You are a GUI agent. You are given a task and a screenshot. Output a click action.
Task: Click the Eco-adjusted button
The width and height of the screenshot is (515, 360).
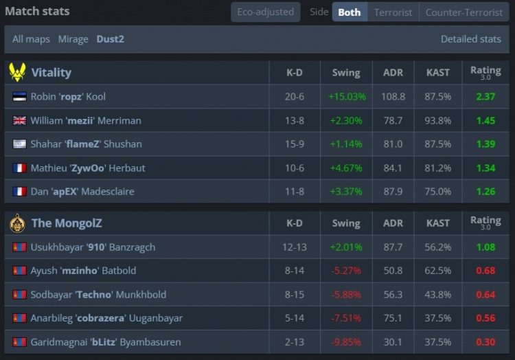coord(266,12)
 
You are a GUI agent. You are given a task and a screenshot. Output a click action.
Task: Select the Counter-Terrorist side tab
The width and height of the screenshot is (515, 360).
coord(464,12)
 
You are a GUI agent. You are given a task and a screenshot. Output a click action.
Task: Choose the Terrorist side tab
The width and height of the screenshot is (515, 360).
coord(393,12)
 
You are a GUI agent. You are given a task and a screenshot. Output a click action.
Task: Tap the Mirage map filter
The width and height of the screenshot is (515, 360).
coord(73,39)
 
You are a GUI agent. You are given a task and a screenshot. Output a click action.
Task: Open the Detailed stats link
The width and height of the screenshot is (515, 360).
coord(470,39)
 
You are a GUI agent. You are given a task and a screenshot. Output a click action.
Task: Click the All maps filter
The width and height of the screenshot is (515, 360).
coord(31,39)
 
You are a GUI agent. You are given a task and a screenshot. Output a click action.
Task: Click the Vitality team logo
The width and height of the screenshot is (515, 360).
coord(17,72)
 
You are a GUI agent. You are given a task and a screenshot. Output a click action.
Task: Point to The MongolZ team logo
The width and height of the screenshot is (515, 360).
coord(17,223)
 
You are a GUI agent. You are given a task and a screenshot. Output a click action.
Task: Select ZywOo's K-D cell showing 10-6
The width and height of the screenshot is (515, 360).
coord(294,168)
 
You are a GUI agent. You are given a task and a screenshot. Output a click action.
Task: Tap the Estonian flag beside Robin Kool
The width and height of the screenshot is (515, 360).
coord(19,97)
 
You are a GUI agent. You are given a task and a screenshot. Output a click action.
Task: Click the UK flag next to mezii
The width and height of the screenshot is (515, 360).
coord(19,121)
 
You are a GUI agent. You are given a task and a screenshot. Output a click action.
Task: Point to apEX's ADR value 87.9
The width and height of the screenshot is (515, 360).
coord(393,192)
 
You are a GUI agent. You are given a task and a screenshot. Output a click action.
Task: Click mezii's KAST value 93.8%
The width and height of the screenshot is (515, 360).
coord(437,121)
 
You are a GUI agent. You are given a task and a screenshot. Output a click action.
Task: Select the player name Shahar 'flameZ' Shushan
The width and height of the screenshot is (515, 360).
coord(87,144)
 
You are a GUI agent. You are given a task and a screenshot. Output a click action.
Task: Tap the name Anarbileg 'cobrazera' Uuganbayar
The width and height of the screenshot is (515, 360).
coord(106,319)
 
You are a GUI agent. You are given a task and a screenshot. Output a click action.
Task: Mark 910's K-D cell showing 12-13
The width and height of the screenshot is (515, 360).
coord(294,247)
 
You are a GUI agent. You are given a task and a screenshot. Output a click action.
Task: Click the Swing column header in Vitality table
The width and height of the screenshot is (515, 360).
coord(346,73)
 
